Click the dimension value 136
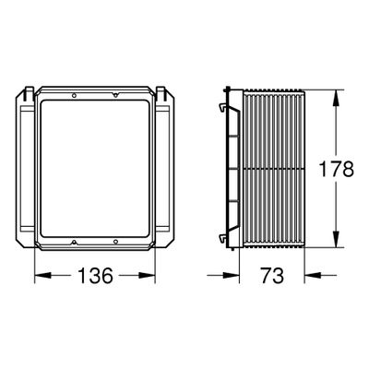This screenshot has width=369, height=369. tap(96, 275)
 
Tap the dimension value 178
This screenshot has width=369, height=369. tap(336, 169)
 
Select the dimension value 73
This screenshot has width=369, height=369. tap(272, 275)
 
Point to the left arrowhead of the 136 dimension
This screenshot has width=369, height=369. tap(43, 275)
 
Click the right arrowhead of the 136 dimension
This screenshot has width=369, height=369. tap(147, 275)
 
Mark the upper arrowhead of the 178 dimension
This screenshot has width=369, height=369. tap(336, 99)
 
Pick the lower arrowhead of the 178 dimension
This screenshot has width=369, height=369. tap(336, 239)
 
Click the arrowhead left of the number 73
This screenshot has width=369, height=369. tap(231, 275)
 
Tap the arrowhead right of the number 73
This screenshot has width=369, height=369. tap(313, 275)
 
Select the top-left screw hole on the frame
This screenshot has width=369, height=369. tap(74, 96)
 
